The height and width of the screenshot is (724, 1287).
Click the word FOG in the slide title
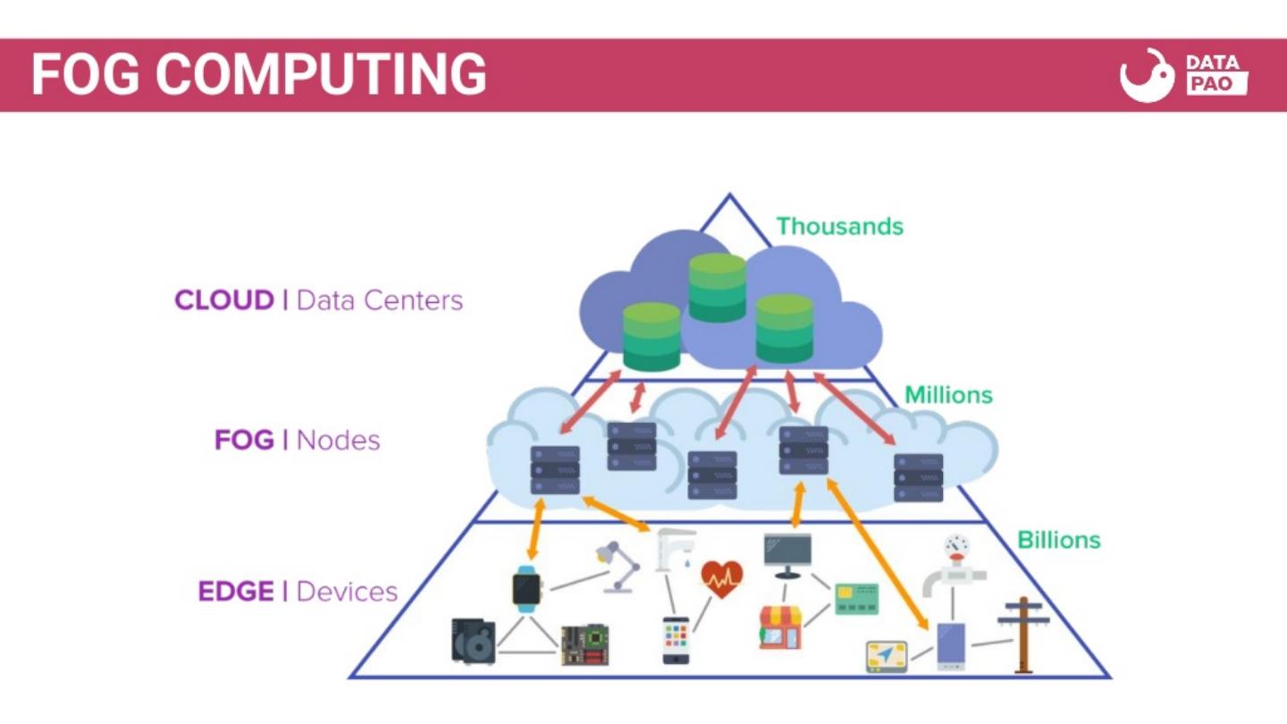85,74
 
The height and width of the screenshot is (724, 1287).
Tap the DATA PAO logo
1183,75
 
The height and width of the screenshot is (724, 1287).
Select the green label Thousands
839,226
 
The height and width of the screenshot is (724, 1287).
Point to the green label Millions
948,394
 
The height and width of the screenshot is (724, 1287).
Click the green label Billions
1059,540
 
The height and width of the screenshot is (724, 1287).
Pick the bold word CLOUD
224,300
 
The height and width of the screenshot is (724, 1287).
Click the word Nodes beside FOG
338,441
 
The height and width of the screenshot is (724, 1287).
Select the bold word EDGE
236,592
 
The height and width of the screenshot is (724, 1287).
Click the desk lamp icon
618,566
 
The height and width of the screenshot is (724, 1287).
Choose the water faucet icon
675,549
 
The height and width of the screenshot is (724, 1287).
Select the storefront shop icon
780,627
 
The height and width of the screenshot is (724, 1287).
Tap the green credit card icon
856,599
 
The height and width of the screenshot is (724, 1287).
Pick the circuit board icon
585,644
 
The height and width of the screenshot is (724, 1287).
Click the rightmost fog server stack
919,477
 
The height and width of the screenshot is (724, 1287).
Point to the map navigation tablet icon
887,656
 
